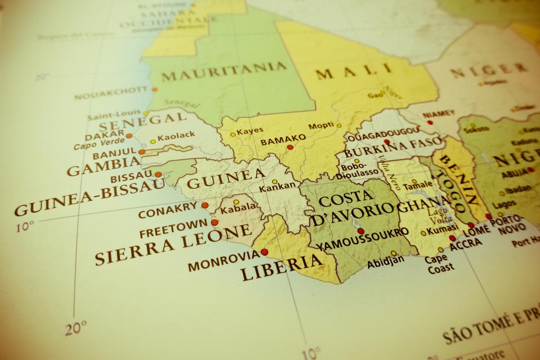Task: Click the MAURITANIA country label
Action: coord(224,73)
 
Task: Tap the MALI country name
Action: coord(353,72)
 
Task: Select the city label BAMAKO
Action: coord(283,138)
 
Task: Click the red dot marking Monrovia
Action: coord(264,252)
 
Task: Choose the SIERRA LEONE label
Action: coord(173,244)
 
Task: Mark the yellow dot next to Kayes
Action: coord(233,135)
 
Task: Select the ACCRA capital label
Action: coord(465,243)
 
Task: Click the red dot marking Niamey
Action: coord(430,122)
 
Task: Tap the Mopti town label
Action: coord(320,125)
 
